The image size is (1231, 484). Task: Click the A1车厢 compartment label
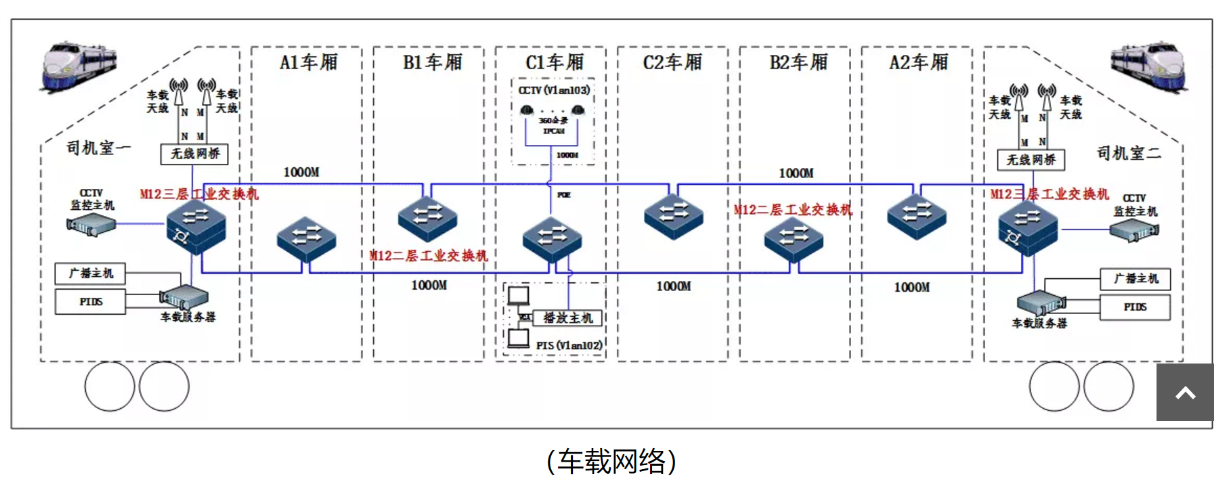pyautogui.click(x=308, y=62)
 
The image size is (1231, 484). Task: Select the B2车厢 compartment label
pyautogui.click(x=798, y=62)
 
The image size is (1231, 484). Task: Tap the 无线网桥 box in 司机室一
pyautogui.click(x=194, y=154)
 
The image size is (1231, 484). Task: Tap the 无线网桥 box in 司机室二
pyautogui.click(x=1031, y=160)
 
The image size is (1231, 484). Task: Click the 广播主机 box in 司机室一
pyautogui.click(x=90, y=273)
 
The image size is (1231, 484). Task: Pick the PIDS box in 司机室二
pyautogui.click(x=1135, y=307)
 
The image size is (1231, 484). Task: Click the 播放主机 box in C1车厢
pyautogui.click(x=567, y=317)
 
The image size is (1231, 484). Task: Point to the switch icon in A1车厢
pyautogui.click(x=306, y=239)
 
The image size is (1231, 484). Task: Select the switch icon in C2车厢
pyautogui.click(x=673, y=217)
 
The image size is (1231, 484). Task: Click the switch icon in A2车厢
pyautogui.click(x=916, y=217)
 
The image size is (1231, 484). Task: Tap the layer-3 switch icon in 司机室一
pyautogui.click(x=196, y=226)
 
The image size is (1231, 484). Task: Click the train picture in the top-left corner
pyautogui.click(x=79, y=66)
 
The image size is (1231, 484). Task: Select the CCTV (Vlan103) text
pyautogui.click(x=554, y=90)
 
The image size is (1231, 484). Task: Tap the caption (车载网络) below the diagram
pyautogui.click(x=611, y=462)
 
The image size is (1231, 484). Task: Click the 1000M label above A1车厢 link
pyautogui.click(x=301, y=173)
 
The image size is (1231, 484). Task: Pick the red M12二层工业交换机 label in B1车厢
pyautogui.click(x=429, y=256)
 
